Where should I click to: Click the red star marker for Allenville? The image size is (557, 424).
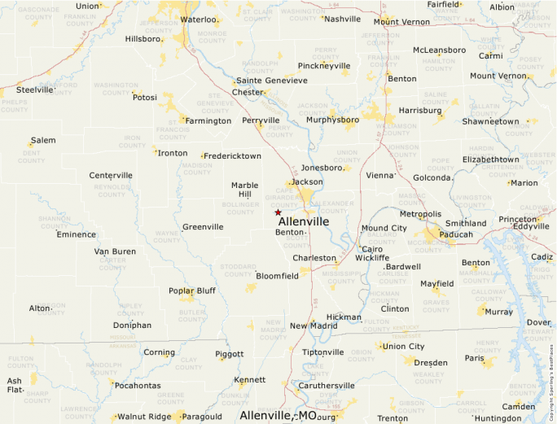[x=278, y=212]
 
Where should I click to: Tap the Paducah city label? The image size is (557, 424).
[x=456, y=234]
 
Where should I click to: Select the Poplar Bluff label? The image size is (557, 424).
[x=192, y=291]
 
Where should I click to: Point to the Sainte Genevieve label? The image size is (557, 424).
[x=272, y=81]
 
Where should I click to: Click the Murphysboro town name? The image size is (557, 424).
[x=332, y=120]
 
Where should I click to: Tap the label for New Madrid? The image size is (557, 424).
[x=313, y=326]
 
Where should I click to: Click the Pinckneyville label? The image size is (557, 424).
[x=324, y=65]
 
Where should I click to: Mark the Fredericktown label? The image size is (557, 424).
[x=233, y=155]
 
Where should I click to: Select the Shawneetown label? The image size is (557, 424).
[x=490, y=121]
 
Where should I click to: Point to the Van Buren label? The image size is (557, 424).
[x=115, y=251]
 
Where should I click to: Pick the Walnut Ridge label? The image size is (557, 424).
[x=144, y=417]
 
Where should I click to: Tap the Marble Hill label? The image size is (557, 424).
[x=245, y=190]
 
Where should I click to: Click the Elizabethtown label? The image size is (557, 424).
[x=490, y=160]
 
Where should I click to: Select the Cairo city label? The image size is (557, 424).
[x=371, y=248]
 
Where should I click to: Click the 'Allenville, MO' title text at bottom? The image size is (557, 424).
[x=278, y=415]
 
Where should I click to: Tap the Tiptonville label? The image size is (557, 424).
[x=323, y=352]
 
